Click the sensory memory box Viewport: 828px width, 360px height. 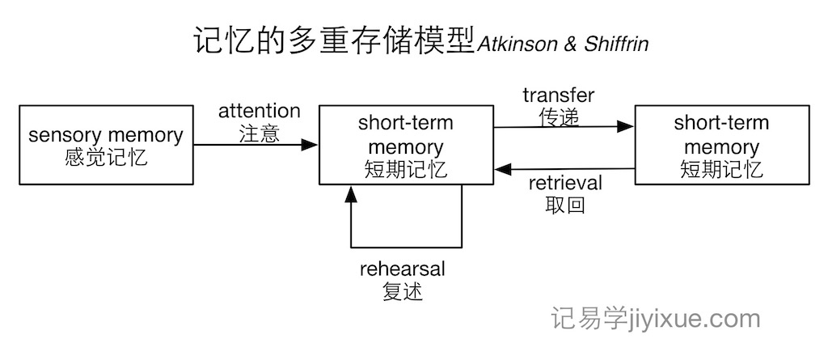point(106,145)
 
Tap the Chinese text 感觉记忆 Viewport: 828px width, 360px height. point(106,157)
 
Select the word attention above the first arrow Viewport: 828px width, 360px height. point(259,111)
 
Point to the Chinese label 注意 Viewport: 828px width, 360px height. point(259,133)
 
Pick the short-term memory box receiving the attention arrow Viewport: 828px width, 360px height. point(406,145)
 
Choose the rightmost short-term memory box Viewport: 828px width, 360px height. point(721,145)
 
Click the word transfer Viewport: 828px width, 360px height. point(559,95)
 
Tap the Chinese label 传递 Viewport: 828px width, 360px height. point(559,117)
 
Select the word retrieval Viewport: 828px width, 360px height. point(565,184)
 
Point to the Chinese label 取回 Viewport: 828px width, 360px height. point(565,205)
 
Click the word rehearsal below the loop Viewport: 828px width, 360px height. point(403,269)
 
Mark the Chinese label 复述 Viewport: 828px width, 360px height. point(403,291)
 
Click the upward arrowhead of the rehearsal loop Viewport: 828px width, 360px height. point(351,193)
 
